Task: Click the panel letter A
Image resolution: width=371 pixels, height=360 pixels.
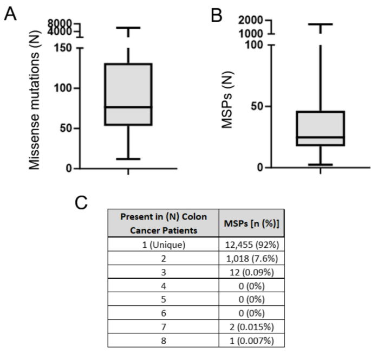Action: click(10, 14)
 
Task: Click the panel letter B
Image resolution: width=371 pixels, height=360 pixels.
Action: click(216, 15)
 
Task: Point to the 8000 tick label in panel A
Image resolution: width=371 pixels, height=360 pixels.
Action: click(59, 23)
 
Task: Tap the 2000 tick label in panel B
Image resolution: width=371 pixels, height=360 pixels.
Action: click(250, 20)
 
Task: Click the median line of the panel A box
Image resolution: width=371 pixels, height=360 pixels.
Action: click(128, 107)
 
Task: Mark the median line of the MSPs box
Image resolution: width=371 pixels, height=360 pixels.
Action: click(320, 137)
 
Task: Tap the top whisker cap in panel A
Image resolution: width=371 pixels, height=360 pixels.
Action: click(128, 28)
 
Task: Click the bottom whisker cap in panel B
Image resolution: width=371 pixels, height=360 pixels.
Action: click(320, 164)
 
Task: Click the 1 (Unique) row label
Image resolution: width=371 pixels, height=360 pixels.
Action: click(163, 245)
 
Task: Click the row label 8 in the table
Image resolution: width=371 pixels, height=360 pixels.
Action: click(163, 340)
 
